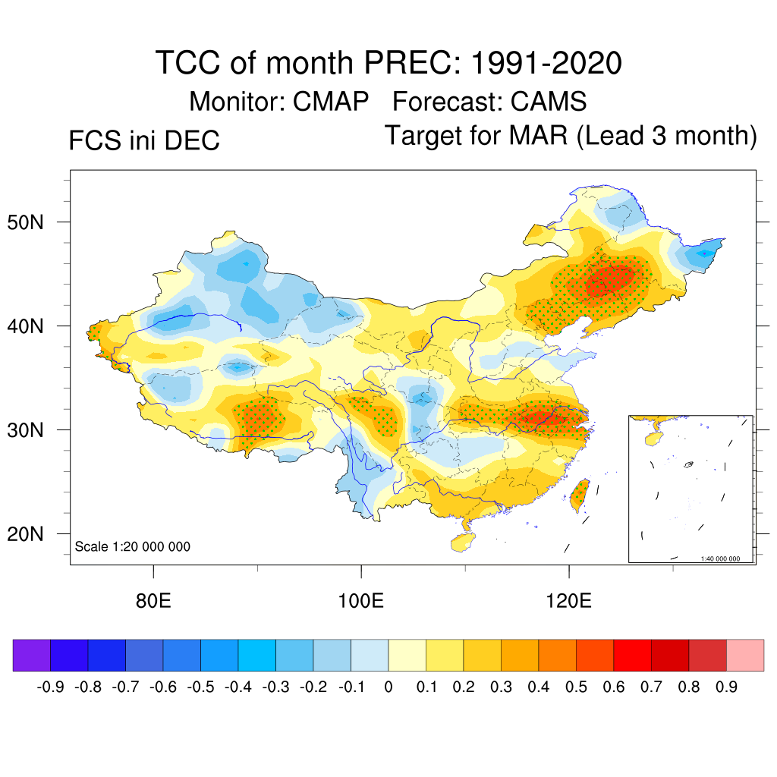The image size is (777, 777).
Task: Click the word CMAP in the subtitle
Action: (x=332, y=101)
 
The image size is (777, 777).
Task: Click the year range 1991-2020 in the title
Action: (x=546, y=62)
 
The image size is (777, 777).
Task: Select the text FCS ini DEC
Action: (x=144, y=141)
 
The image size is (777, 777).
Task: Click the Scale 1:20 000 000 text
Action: (x=133, y=547)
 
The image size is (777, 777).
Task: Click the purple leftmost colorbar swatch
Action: (x=32, y=655)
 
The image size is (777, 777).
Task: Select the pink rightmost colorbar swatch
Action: (x=745, y=655)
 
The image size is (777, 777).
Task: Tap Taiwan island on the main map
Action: (x=579, y=493)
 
